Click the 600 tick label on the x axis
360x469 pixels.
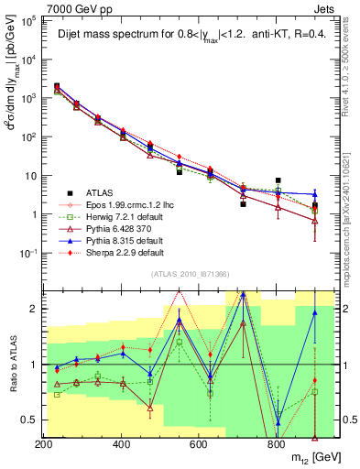pos(199,443)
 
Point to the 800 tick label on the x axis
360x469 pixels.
pos(276,443)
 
